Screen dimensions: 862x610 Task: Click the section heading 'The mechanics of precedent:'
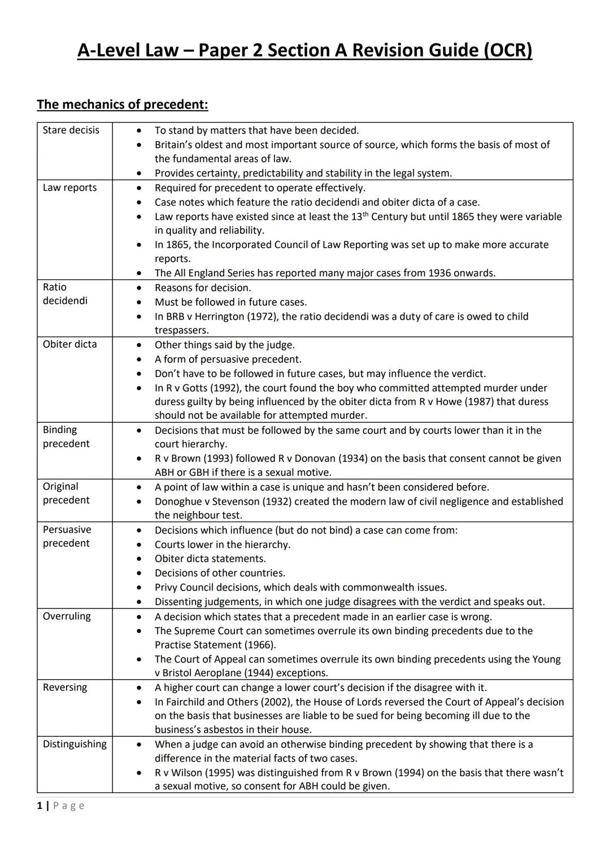[x=123, y=104]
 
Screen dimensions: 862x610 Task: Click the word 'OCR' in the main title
[x=507, y=51]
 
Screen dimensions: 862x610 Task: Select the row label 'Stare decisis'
[x=71, y=130]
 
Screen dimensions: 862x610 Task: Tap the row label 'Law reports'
[x=69, y=187]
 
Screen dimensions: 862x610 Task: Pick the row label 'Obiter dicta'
[x=69, y=344]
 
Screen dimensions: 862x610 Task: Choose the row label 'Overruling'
[x=67, y=616]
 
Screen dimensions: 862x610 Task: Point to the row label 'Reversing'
[x=65, y=687]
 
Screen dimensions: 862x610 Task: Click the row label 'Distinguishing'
[x=75, y=744]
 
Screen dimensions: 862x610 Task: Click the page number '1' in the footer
[x=40, y=806]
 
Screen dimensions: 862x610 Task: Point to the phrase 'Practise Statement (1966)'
[x=215, y=645]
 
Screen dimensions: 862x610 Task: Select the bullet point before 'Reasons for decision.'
[x=138, y=288]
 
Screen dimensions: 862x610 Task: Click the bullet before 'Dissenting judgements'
[x=138, y=602]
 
